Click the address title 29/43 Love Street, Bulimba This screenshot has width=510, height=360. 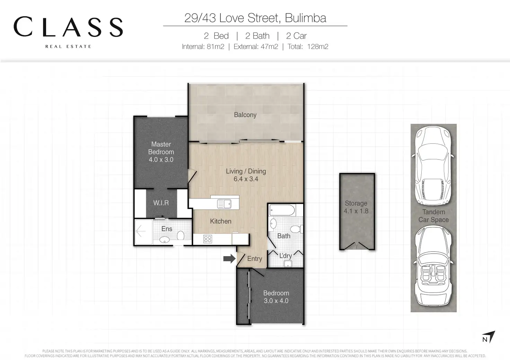click(255, 18)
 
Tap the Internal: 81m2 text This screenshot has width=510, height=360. click(203, 47)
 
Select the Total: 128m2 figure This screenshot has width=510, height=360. click(308, 47)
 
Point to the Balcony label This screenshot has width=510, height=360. click(245, 115)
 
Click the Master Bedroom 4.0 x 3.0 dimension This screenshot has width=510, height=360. click(161, 160)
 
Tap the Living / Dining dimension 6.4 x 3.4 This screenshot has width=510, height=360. click(246, 179)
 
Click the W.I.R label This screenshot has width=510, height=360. click(161, 203)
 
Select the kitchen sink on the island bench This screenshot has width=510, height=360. click(224, 204)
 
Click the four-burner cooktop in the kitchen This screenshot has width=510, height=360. click(208, 239)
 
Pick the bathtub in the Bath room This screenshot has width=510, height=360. click(282, 210)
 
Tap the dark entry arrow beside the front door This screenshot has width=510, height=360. click(229, 259)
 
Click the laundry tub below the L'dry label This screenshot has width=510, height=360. click(288, 264)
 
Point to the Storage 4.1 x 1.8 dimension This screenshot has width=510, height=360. click(356, 211)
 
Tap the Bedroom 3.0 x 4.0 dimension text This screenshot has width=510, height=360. click(276, 301)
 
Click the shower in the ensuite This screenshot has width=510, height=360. click(143, 232)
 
